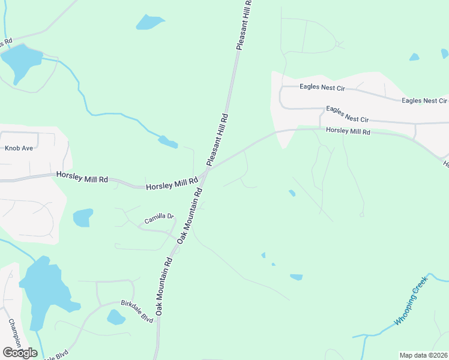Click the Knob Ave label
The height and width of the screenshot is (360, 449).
[19, 148]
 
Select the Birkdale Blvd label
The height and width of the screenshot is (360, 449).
[137, 311]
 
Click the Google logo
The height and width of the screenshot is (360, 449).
[19, 352]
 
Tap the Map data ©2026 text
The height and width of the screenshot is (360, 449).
[423, 355]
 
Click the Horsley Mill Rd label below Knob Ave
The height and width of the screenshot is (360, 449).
[82, 178]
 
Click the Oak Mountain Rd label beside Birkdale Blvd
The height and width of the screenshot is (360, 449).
[164, 287]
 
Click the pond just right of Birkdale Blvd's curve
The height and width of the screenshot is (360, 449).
[115, 317]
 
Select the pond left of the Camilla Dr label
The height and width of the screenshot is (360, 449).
[83, 217]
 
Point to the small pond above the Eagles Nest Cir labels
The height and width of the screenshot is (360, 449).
[414, 57]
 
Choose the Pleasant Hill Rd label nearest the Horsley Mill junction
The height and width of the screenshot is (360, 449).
[217, 140]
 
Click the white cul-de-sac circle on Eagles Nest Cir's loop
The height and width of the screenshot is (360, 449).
[338, 44]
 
